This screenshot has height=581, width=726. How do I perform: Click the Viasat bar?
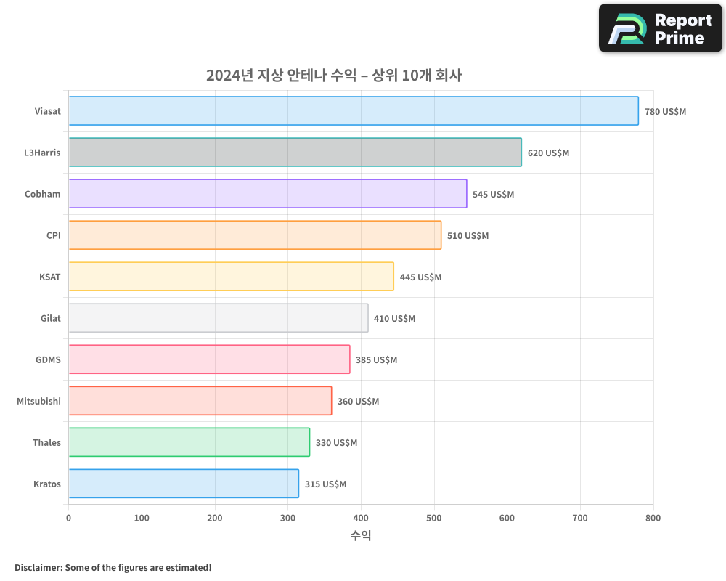click(354, 111)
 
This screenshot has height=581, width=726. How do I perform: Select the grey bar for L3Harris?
click(295, 153)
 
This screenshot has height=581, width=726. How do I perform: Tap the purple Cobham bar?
click(268, 194)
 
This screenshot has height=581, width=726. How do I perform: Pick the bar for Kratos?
click(184, 484)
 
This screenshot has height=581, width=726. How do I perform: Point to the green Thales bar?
click(189, 442)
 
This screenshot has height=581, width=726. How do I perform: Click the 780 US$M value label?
click(665, 112)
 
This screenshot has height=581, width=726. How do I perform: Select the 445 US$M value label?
click(420, 277)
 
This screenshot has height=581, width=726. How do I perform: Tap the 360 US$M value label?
click(358, 402)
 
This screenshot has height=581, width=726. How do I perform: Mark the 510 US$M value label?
click(468, 236)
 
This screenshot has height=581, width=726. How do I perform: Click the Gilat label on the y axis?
click(51, 319)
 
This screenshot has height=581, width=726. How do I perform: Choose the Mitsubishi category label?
click(39, 402)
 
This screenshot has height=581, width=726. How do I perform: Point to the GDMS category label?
click(48, 360)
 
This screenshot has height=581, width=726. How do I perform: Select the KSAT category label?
click(50, 277)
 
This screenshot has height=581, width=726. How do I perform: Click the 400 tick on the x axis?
click(361, 519)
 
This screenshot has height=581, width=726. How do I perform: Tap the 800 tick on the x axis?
click(653, 519)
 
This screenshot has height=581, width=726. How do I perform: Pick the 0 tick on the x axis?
click(69, 519)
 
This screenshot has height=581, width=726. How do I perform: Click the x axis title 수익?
click(361, 536)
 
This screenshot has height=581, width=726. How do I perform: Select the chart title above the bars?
click(334, 76)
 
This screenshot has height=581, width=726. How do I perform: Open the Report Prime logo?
click(660, 28)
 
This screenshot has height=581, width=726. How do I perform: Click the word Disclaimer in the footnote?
click(38, 567)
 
